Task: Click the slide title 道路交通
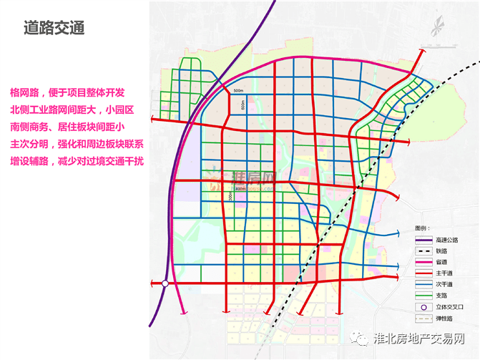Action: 54,28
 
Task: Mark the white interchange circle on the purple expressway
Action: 165,284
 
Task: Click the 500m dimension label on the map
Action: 238,90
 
